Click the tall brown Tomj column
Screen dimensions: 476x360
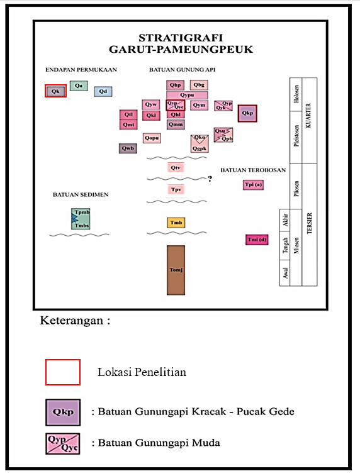(x=176, y=270)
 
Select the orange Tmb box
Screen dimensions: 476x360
(x=176, y=223)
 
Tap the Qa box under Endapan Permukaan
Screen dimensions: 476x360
(x=79, y=85)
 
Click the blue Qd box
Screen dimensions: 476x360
(x=103, y=92)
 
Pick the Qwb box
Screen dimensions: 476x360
(x=128, y=148)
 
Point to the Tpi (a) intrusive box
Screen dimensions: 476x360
(x=253, y=185)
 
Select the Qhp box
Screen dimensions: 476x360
(x=176, y=85)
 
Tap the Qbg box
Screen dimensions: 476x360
(x=199, y=85)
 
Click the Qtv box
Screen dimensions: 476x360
(x=176, y=168)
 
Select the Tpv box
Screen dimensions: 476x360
(x=176, y=189)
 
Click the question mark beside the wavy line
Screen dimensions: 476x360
(x=210, y=179)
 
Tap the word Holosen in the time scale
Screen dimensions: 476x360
(x=296, y=94)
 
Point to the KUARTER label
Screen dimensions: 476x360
(x=309, y=115)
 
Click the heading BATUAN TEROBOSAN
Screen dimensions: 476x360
(x=253, y=170)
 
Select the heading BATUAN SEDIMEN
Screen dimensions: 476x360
(x=81, y=195)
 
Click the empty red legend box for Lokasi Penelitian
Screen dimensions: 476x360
(x=63, y=372)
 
